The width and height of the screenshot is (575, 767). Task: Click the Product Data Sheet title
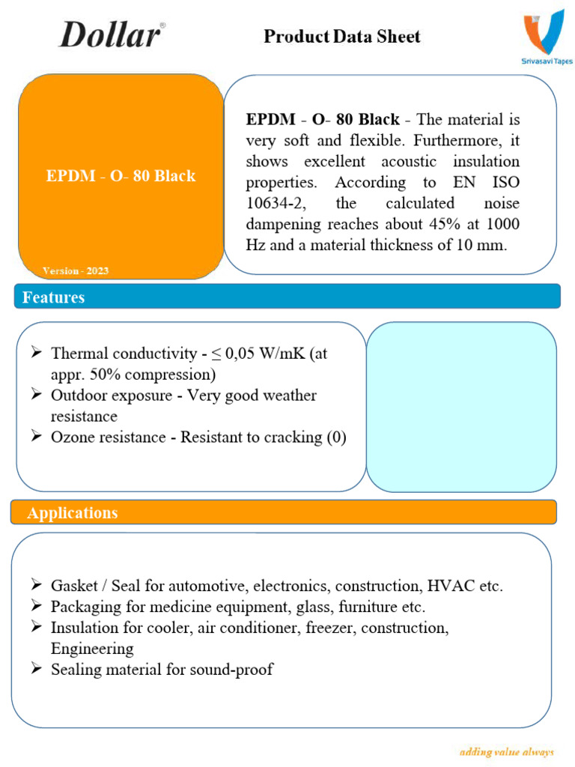342,36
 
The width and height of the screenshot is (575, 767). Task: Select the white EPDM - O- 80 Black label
121,176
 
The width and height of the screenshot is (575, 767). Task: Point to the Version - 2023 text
76,270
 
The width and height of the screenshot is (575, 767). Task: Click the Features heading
54,297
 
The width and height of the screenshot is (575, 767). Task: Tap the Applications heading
73,512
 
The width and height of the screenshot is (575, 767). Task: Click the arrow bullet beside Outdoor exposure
36,395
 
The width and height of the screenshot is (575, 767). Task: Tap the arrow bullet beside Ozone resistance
36,437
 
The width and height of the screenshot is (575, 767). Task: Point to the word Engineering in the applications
92,649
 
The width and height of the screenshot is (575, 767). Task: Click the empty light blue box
461,407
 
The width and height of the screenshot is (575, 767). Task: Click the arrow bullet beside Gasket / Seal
36,585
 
